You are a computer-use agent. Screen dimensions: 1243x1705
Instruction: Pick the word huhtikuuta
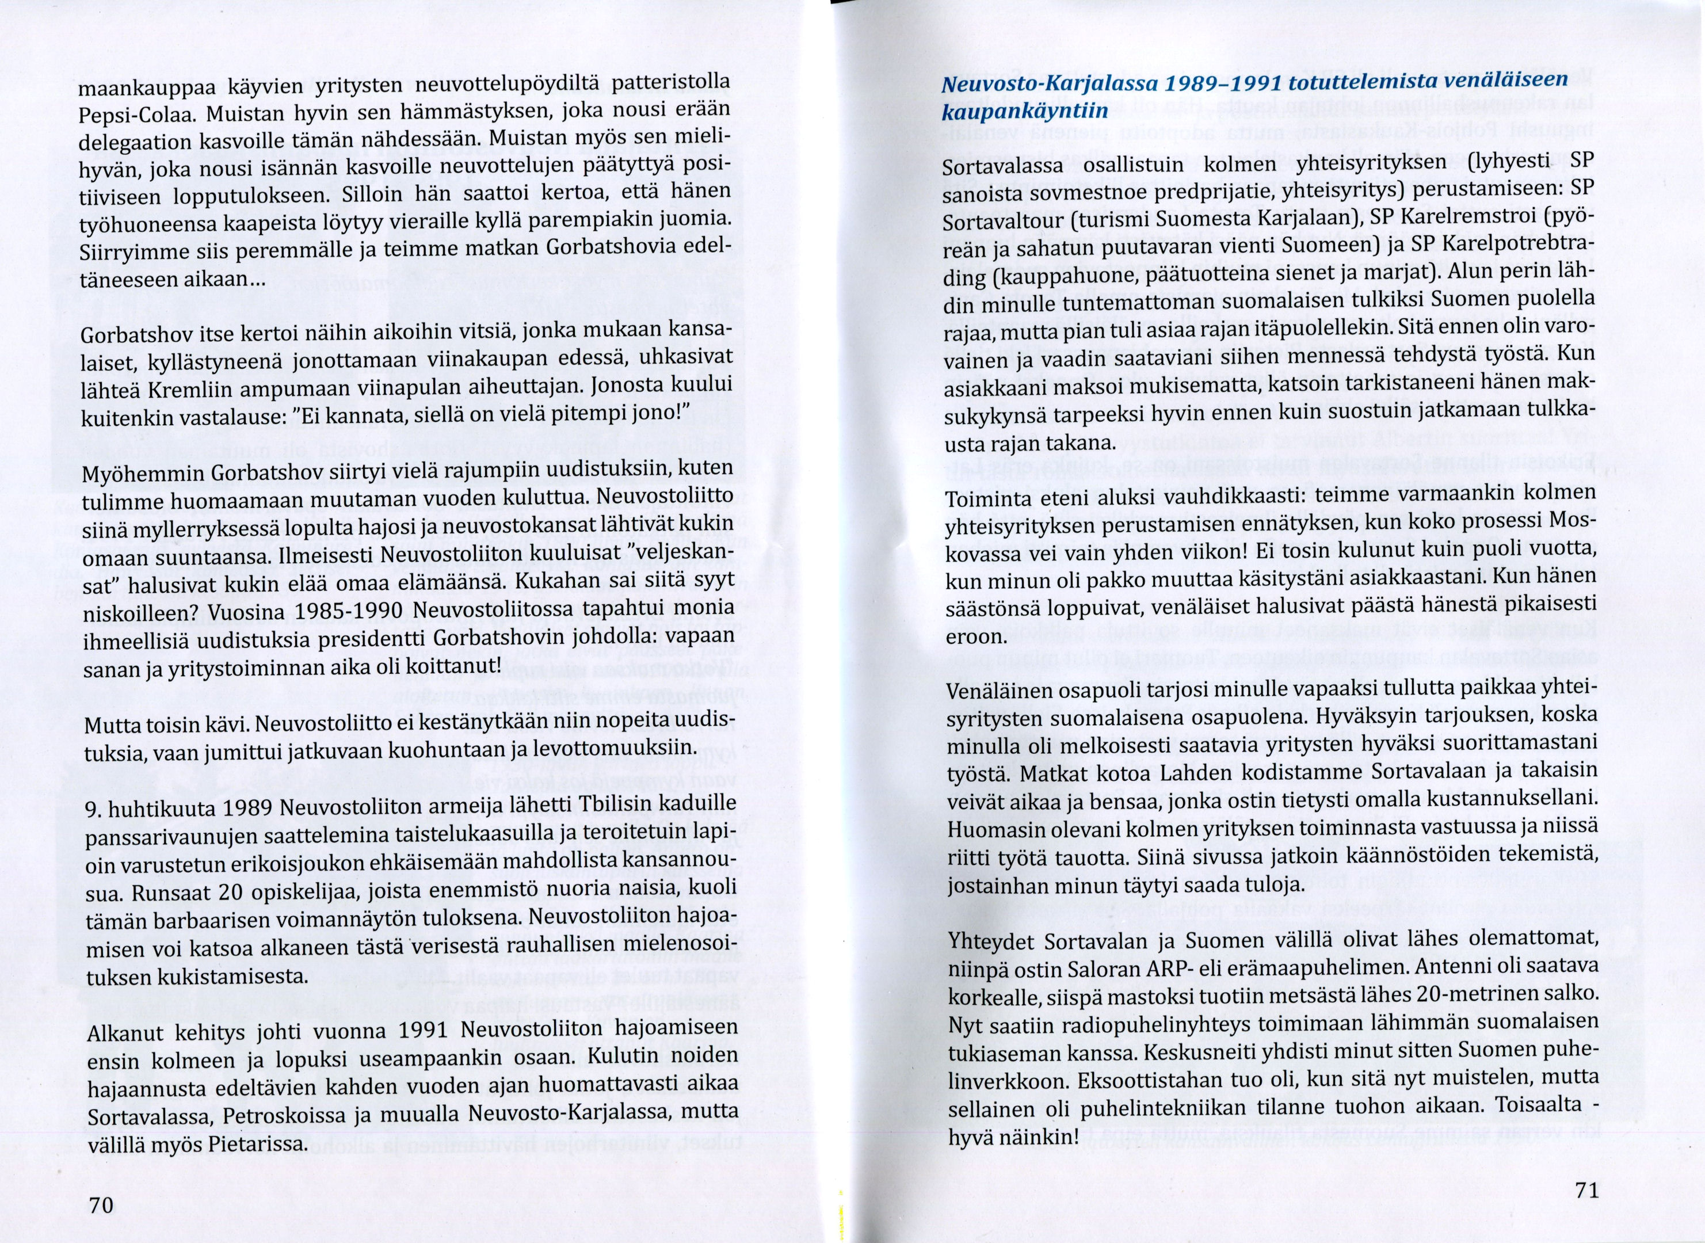156,810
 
